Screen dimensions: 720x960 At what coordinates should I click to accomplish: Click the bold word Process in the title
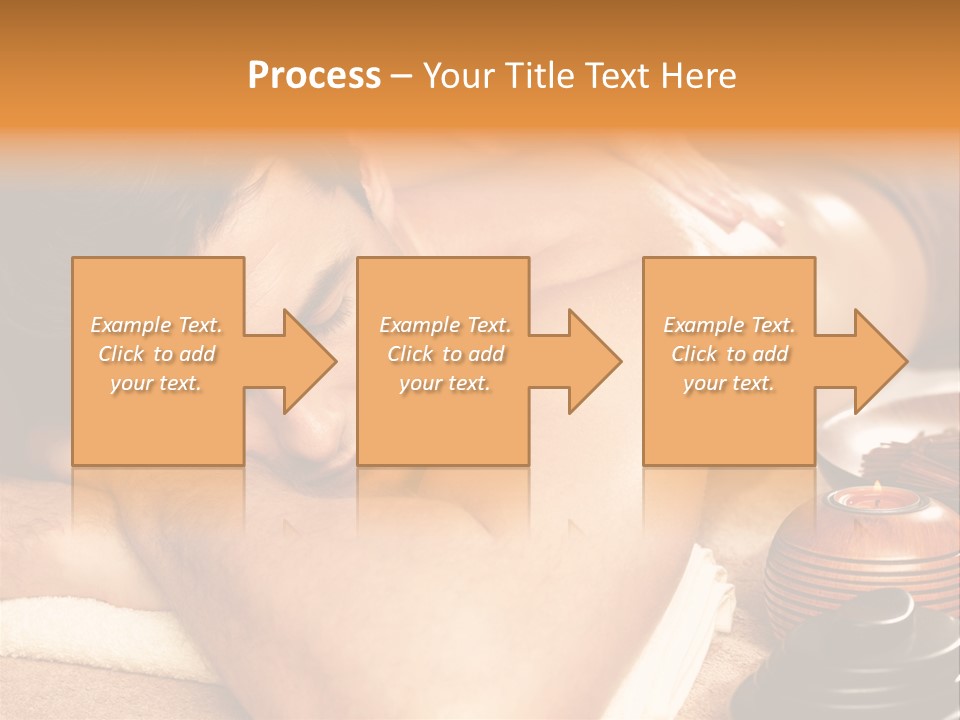coord(314,76)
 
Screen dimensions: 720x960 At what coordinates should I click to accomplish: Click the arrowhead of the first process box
coord(310,361)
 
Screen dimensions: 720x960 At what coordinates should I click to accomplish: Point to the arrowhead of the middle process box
coord(595,361)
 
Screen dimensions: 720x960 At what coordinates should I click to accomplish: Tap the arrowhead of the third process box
coord(881,361)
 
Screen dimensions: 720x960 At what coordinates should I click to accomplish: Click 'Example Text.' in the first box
coord(157,325)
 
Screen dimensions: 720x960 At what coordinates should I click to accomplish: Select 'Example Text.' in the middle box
coord(445,325)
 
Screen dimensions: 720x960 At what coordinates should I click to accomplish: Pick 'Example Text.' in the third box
coord(729,325)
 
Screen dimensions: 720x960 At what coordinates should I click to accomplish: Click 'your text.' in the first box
coord(156,383)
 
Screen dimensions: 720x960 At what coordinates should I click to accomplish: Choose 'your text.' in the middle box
coord(444,383)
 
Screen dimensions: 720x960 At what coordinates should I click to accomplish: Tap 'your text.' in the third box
coord(728,383)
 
